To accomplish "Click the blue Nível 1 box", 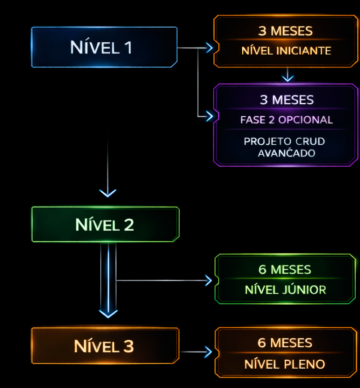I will (x=104, y=47).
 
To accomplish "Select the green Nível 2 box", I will (x=105, y=225).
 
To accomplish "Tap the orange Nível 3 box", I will (x=105, y=346).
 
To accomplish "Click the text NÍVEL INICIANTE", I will (x=286, y=51).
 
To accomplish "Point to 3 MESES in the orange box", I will (x=285, y=31).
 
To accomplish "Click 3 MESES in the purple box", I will (x=287, y=100).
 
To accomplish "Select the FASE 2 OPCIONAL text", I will (x=287, y=120).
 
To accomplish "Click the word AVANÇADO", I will (x=287, y=153).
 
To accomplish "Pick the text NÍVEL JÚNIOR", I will (x=285, y=290).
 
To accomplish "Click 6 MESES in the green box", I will (x=285, y=270).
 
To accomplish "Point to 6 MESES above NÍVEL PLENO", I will (x=285, y=343).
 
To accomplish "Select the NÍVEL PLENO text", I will (x=285, y=365).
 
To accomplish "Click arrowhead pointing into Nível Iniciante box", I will (x=209, y=48).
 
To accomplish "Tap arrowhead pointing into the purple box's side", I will (x=209, y=116).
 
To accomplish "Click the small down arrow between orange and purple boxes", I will (x=288, y=78).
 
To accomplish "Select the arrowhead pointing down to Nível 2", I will (x=108, y=193).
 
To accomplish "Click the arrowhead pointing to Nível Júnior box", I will (x=208, y=280).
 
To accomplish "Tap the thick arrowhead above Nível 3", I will (x=108, y=313).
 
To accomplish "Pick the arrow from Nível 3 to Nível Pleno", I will (x=197, y=352).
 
